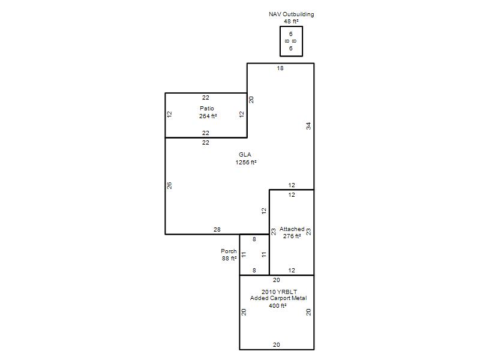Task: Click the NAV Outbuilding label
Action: [x=292, y=14]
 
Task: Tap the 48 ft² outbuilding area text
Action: [x=291, y=22]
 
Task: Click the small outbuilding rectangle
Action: [x=280, y=41]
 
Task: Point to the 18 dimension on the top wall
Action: [x=280, y=68]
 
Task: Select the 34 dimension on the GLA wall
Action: [x=308, y=126]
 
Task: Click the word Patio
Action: [x=207, y=109]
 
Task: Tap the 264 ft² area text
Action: [x=208, y=116]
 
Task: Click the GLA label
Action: [x=245, y=155]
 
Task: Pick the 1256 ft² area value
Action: [x=246, y=162]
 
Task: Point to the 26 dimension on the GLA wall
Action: [x=169, y=185]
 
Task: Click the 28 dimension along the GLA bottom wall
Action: [x=217, y=229]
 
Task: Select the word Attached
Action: [x=292, y=229]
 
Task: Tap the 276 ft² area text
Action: [x=292, y=236]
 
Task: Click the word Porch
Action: [x=229, y=251]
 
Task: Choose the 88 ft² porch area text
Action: [x=229, y=259]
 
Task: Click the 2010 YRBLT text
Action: [x=279, y=292]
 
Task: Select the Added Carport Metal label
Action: [x=278, y=298]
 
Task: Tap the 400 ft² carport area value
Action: [x=278, y=305]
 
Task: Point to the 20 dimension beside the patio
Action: [x=251, y=100]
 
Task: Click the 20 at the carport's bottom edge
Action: [x=277, y=344]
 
